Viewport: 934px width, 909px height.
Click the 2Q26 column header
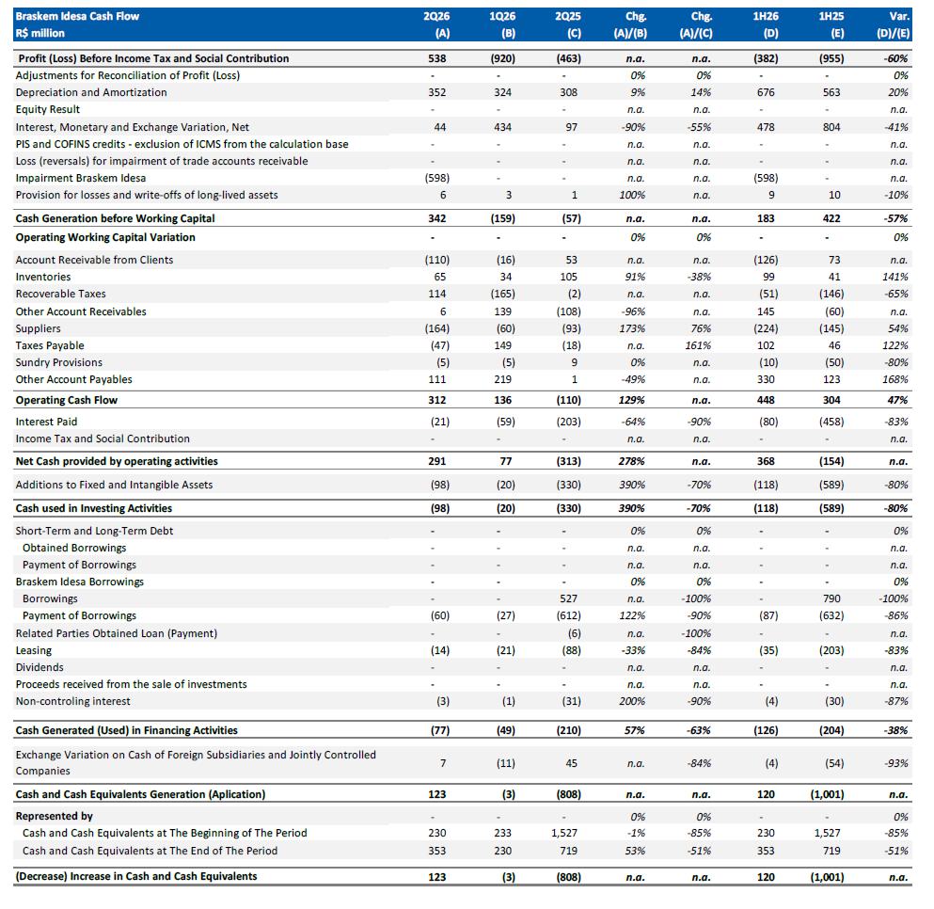click(x=436, y=16)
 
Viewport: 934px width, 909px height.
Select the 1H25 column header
click(x=831, y=16)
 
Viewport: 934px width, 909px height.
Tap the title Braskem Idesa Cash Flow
click(x=77, y=16)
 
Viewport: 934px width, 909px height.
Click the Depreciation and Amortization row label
click(x=91, y=92)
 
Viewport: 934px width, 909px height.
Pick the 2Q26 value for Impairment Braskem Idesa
click(x=436, y=178)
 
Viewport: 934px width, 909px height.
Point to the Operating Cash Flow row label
click(x=67, y=400)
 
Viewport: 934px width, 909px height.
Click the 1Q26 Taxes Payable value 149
click(x=502, y=345)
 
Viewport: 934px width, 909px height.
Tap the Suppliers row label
click(x=39, y=328)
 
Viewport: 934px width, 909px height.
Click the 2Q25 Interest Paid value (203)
click(x=568, y=422)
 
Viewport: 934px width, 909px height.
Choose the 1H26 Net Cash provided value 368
click(x=766, y=461)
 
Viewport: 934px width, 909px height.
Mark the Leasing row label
click(x=33, y=650)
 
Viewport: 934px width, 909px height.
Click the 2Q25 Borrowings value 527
click(x=568, y=598)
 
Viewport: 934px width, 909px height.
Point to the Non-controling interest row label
click(x=72, y=701)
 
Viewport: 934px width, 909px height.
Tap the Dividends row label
click(x=40, y=667)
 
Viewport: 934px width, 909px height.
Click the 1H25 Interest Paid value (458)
click(x=831, y=422)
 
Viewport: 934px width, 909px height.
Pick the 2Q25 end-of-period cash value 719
click(x=568, y=851)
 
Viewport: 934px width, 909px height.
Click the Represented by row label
click(x=55, y=816)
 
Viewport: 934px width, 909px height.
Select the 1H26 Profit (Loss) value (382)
click(x=766, y=58)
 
